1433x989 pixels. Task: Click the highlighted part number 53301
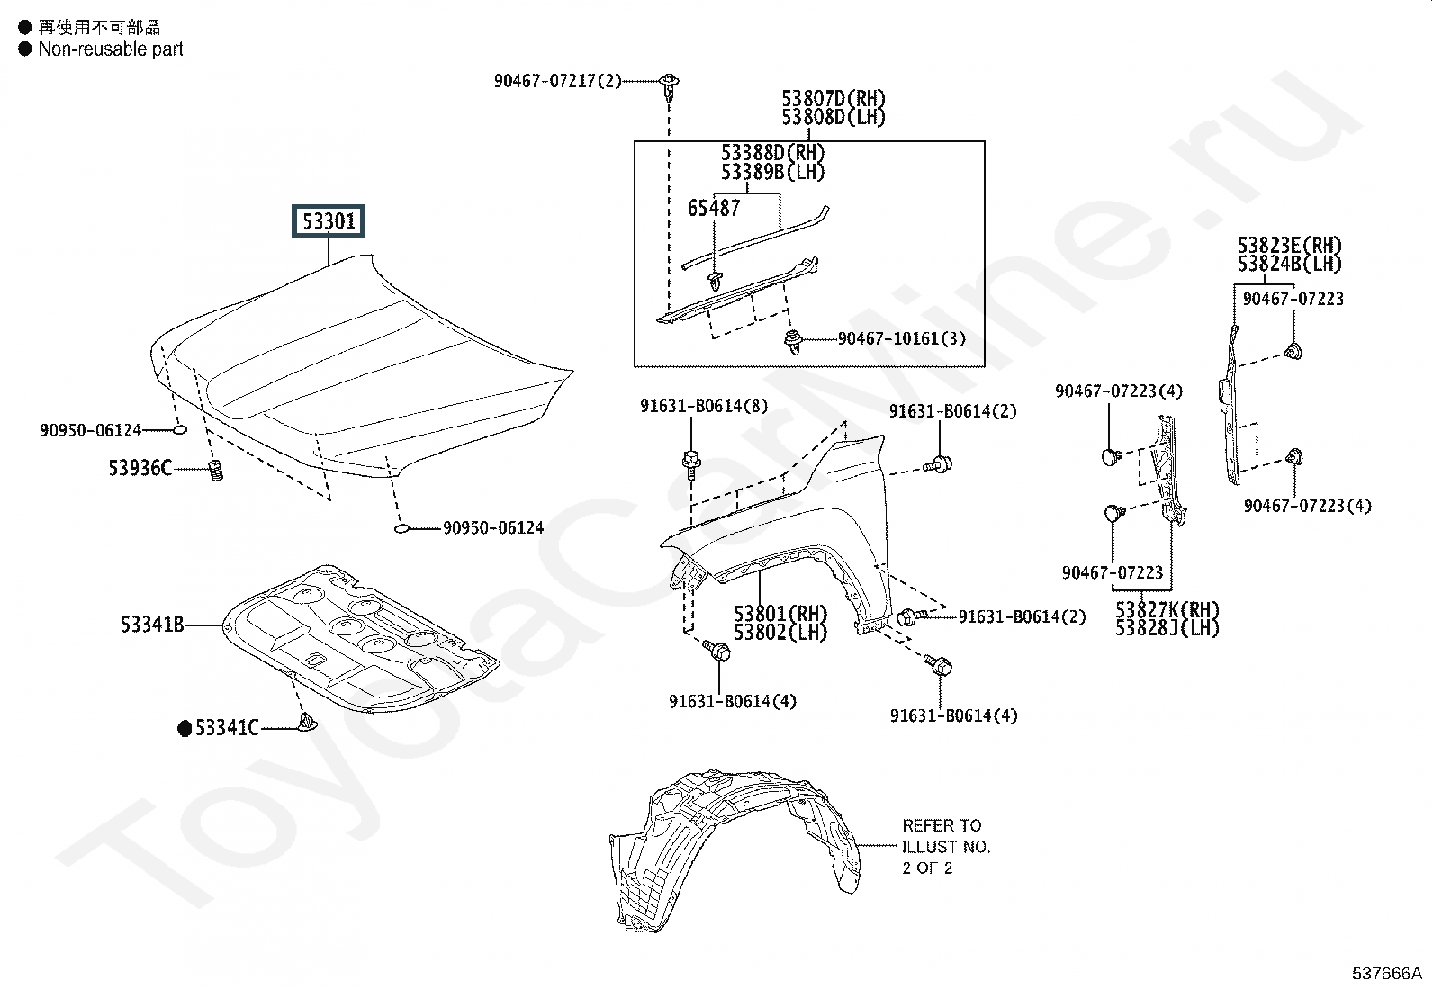tap(329, 220)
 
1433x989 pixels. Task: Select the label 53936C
tap(140, 468)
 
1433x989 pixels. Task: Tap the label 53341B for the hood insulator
tap(152, 624)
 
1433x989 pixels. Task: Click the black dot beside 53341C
tap(185, 728)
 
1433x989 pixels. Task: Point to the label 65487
tap(714, 208)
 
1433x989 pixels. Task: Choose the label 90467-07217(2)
tap(557, 81)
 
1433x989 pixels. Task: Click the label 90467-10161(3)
tap(902, 338)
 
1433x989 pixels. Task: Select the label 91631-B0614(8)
tap(704, 406)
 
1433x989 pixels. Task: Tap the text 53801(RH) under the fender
tap(780, 614)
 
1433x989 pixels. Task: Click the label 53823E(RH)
tap(1289, 246)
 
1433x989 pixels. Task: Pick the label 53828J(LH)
tap(1167, 628)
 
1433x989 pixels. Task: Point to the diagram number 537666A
tap(1386, 973)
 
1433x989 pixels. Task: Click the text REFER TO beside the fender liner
tap(942, 825)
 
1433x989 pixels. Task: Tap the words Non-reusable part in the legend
tap(110, 49)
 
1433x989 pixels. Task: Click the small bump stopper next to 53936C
tap(215, 470)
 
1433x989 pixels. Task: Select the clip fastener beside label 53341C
tap(306, 722)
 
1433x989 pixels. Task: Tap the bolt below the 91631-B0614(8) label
tap(690, 463)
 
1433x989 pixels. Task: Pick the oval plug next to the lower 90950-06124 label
tap(402, 528)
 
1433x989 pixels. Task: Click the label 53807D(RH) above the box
tap(833, 98)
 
